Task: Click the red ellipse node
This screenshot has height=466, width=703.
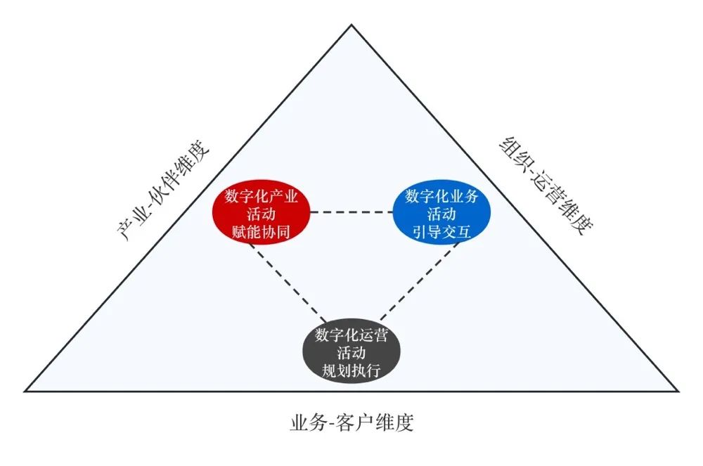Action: point(262,212)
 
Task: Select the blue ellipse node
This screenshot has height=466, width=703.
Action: point(441,212)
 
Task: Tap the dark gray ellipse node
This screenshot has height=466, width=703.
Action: point(351,349)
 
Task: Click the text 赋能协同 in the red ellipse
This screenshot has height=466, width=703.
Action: point(262,231)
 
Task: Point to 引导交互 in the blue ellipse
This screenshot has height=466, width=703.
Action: point(441,231)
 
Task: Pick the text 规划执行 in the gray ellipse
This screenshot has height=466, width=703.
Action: point(351,368)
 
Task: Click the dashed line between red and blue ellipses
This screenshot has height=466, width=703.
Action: point(351,212)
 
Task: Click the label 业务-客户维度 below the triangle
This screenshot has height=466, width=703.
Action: point(351,423)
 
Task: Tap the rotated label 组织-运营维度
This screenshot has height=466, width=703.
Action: point(541,186)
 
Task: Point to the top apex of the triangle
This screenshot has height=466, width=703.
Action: point(351,25)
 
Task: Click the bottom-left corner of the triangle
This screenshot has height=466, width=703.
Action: point(25,390)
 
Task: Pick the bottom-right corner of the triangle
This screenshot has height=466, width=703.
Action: point(678,390)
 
